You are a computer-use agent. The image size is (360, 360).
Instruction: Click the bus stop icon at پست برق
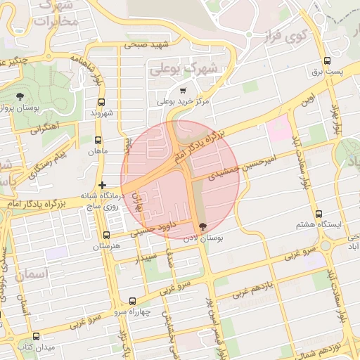(x=327, y=60)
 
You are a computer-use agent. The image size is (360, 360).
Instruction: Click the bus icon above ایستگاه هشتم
(x=319, y=214)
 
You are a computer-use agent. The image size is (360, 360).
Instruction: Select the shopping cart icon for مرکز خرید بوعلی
(x=183, y=91)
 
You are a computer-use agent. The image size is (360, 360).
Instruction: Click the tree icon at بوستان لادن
(x=203, y=227)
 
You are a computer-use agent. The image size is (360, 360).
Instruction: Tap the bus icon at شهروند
(x=97, y=102)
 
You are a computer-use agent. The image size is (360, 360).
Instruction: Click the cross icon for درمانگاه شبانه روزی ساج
(x=102, y=185)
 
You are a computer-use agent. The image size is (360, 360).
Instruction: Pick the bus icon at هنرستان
(x=106, y=236)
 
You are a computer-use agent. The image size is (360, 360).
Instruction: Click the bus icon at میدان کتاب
(x=36, y=336)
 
